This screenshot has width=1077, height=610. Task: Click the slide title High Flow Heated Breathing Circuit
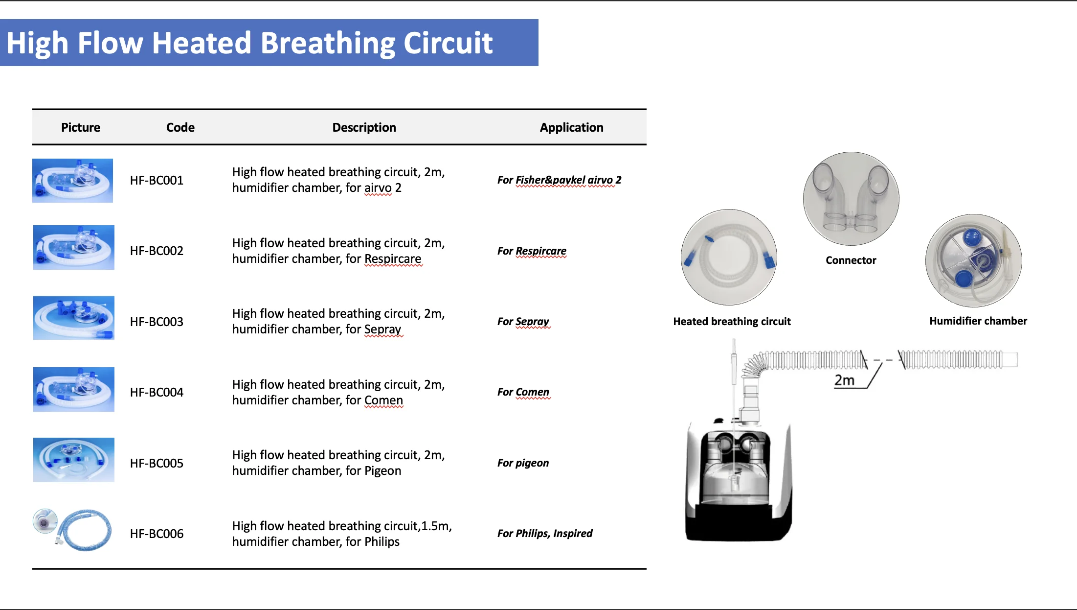pos(249,43)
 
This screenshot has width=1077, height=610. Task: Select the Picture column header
pos(81,127)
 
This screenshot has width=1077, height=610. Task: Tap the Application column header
pos(571,127)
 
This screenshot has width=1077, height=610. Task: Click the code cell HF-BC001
pos(157,180)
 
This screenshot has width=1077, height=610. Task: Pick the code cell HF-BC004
pos(157,392)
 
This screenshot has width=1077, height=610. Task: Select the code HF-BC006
pos(157,534)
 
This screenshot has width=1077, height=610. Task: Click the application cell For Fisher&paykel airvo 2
pos(559,180)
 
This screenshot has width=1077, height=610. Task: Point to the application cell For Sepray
pos(523,322)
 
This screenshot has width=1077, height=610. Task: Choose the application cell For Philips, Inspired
pos(544,533)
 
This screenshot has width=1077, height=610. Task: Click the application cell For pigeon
pos(523,463)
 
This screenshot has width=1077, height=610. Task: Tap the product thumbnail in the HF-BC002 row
pos(74,247)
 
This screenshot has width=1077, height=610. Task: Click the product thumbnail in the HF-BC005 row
pos(74,460)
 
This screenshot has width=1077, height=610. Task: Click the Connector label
pos(851,260)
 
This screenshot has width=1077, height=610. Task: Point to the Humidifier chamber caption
pos(978,321)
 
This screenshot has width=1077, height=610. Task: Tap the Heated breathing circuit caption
pos(732,322)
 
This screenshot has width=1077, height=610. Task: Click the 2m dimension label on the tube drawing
pos(844,380)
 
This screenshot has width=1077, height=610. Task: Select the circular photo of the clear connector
pos(851,198)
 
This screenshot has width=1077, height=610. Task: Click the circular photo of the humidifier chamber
pos(973,260)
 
